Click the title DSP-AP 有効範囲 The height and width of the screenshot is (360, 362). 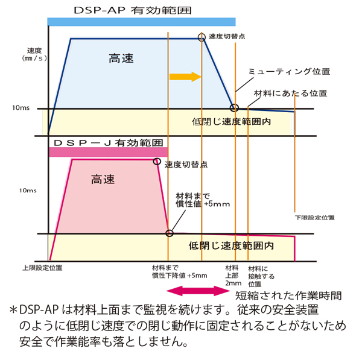(x=141, y=10)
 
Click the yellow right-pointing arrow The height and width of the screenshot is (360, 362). (x=185, y=77)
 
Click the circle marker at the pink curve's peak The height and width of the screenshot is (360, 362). (x=157, y=161)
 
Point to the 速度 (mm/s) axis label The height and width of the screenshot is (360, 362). (x=34, y=54)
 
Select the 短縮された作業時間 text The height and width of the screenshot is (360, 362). (x=288, y=295)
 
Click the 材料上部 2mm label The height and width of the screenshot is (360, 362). (x=233, y=274)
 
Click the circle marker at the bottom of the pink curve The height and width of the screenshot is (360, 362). (x=169, y=233)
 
